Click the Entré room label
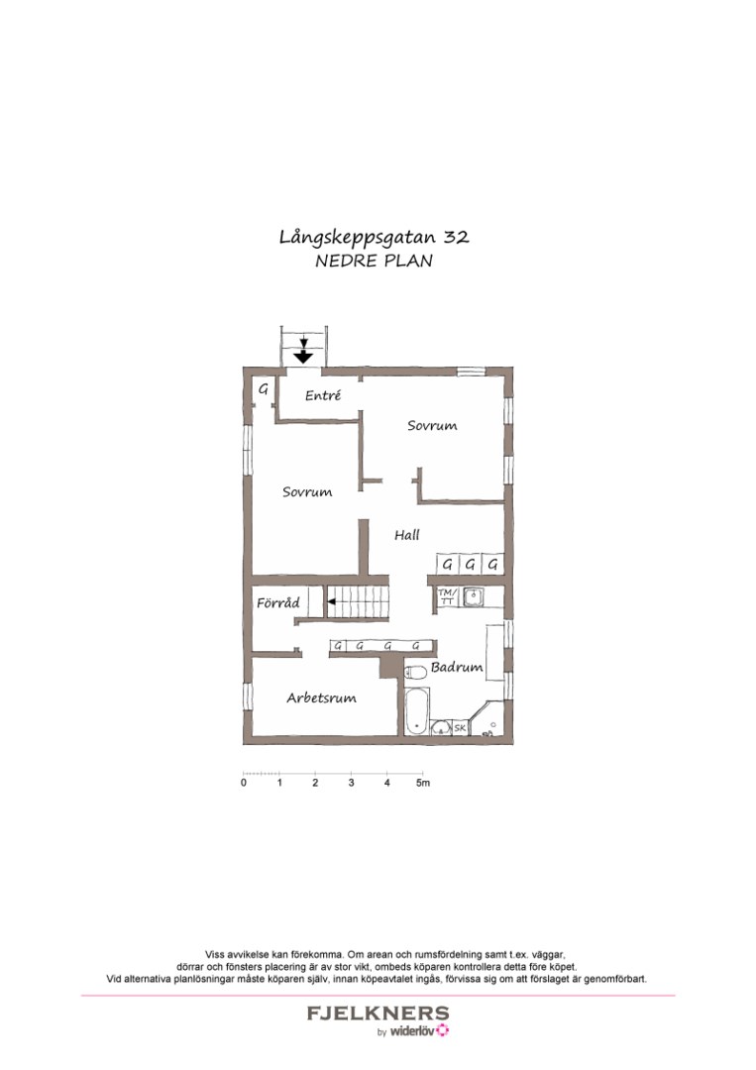pos(323,395)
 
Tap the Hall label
pos(407,535)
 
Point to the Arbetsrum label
pos(321,698)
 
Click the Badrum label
pos(457,668)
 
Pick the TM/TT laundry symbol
pos(446,596)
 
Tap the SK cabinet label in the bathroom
pos(460,729)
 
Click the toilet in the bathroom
pos(417,674)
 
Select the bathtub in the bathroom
pos(417,712)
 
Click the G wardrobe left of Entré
pos(264,389)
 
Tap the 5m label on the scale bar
pos(423,784)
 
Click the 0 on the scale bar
pos(244,784)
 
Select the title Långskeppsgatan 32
pos(374,238)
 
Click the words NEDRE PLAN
pos(374,263)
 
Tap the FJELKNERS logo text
pos(378,1014)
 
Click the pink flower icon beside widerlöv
pos(442,1031)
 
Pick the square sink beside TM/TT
pos(474,596)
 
